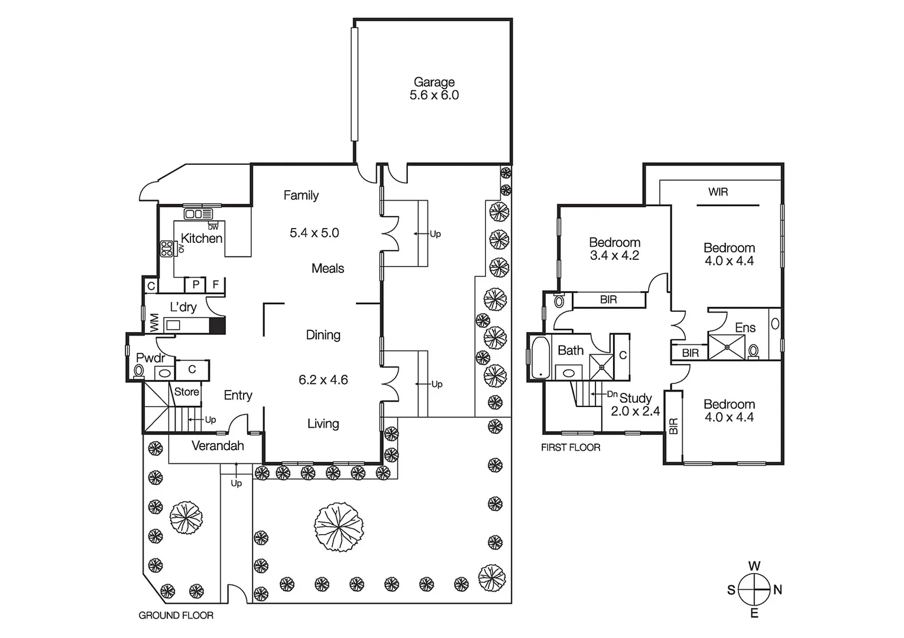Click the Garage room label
[434, 82]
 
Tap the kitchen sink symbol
[198, 214]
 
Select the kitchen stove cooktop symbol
[166, 249]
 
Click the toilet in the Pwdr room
[139, 371]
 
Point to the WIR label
[718, 192]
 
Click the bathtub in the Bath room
[539, 356]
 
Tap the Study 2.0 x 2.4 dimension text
[635, 411]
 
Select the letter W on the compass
[754, 566]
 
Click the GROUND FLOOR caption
[176, 616]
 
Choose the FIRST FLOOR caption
[571, 448]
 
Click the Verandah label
[218, 445]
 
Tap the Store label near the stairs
[186, 392]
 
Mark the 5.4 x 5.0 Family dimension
[314, 233]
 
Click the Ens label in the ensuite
[745, 327]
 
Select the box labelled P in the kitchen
[195, 285]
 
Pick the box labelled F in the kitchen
[216, 285]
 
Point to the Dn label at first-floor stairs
[612, 394]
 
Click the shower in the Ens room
[726, 347]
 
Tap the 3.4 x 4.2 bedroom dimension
[614, 256]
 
